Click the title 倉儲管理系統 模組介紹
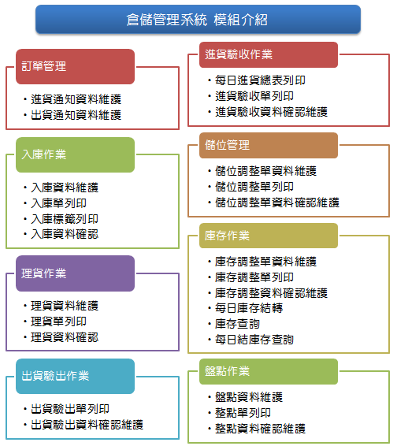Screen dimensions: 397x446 coord(197,20)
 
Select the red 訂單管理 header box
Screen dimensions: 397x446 coord(75,66)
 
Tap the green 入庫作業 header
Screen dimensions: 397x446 coord(75,154)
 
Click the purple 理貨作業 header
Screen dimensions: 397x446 coord(75,273)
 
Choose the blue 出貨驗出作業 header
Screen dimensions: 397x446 coord(75,376)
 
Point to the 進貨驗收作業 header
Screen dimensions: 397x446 coord(269,54)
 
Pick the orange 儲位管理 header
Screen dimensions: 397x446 coord(269,145)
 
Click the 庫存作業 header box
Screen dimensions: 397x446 coord(269,236)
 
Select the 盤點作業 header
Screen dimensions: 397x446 coord(269,371)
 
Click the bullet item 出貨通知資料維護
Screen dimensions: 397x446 coord(76,115)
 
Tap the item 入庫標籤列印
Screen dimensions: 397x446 coord(65,219)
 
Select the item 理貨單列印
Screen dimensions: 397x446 coord(58,321)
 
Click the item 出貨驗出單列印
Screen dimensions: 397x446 coord(70,409)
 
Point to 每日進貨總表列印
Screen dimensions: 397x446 coord(260,80)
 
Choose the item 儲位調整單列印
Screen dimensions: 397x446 coord(254,187)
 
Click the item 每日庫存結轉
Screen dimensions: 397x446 coord(249,308)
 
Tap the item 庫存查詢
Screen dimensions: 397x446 coord(237,324)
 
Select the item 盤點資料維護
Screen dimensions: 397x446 coord(249,397)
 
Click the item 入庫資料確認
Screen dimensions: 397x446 coord(65,234)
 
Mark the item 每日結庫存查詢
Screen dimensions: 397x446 coord(254,340)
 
